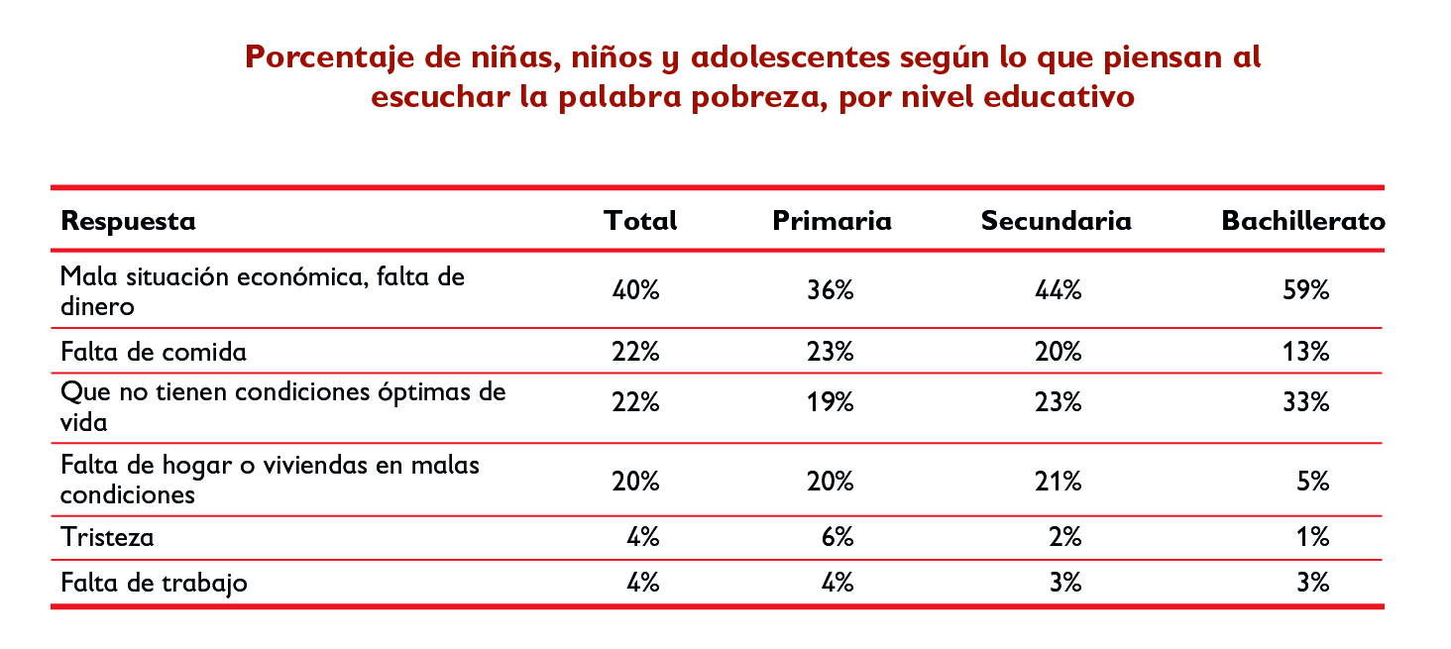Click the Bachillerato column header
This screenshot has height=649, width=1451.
tap(1302, 221)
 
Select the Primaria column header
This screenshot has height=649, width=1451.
tap(832, 221)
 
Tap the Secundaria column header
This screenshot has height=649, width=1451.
tap(1056, 221)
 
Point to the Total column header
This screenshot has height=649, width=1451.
tap(640, 221)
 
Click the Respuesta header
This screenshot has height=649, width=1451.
tap(129, 221)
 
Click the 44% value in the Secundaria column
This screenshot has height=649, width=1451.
tap(1058, 291)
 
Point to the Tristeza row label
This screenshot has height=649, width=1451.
tap(107, 537)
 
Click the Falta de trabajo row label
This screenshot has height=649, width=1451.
tap(154, 583)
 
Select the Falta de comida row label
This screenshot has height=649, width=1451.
tap(154, 352)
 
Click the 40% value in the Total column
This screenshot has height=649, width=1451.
tap(636, 291)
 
